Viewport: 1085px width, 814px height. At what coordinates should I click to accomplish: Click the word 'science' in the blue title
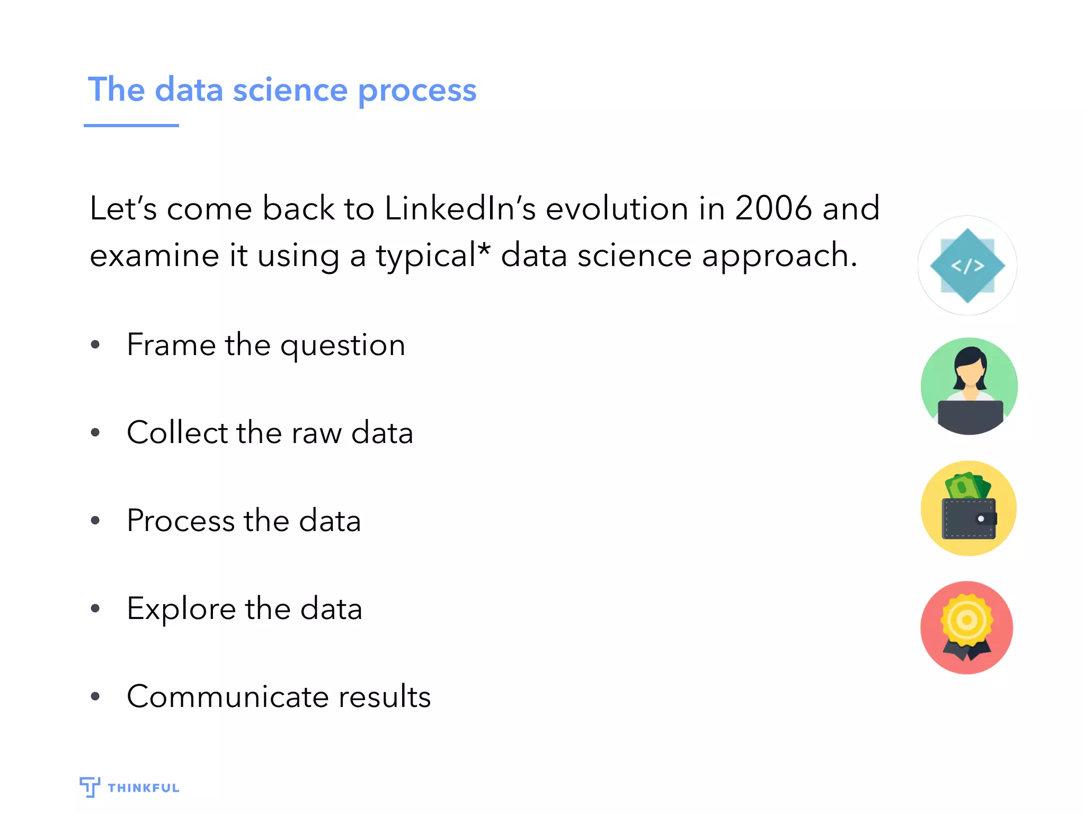[x=290, y=90]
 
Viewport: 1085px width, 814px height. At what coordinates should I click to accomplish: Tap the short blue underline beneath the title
[x=131, y=126]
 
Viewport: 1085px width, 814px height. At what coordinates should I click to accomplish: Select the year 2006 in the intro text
[x=773, y=208]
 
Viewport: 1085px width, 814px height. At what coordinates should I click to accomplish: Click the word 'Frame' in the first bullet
[x=171, y=345]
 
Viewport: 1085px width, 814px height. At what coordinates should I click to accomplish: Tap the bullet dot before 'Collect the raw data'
[x=95, y=432]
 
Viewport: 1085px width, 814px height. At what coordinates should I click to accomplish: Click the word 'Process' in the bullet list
[x=181, y=521]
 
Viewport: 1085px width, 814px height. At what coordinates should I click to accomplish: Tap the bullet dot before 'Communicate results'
[x=95, y=696]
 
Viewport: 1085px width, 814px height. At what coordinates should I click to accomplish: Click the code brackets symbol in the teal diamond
[x=967, y=266]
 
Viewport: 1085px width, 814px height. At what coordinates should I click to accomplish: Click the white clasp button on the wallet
[x=981, y=519]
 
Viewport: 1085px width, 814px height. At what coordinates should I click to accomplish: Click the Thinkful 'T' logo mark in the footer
[x=90, y=786]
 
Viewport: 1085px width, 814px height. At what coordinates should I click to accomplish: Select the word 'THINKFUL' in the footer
[x=144, y=788]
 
